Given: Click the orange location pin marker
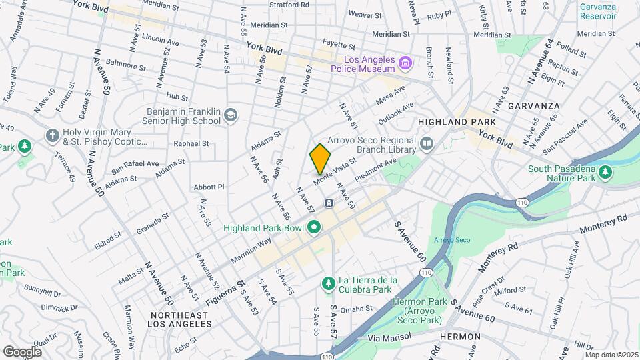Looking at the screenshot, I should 320,159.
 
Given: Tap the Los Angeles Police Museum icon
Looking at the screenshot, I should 404,63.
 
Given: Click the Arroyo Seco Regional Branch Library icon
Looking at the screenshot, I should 427,143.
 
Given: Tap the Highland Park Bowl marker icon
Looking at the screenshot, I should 313,228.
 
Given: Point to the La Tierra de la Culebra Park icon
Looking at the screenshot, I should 328,285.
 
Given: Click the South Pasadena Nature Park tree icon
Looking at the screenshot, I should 605,173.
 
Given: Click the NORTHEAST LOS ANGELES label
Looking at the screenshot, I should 181,319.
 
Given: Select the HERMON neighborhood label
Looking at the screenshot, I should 461,337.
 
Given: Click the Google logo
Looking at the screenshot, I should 22,351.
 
